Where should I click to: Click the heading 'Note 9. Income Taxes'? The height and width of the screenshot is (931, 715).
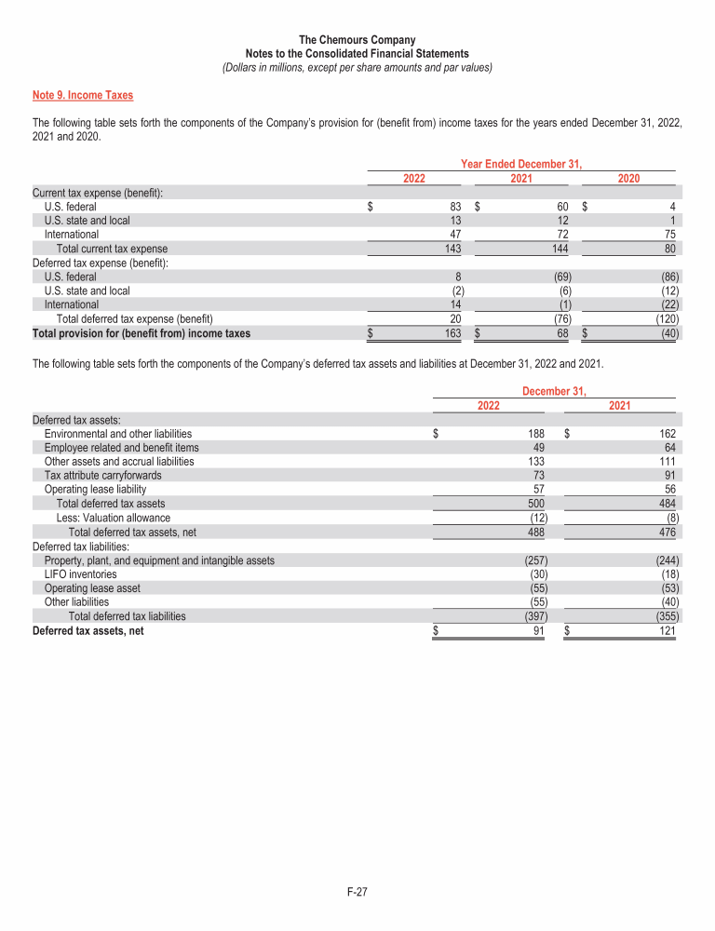83,95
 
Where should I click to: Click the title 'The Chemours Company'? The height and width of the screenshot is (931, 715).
357,40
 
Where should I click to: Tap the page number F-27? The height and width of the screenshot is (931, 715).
357,892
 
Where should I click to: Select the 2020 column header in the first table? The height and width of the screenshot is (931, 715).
628,178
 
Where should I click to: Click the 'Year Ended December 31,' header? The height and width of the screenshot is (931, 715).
521,164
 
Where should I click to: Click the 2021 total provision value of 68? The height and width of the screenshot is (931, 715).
563,332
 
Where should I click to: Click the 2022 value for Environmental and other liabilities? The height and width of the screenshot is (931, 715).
536,434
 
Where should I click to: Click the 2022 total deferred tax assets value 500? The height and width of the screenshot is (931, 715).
536,504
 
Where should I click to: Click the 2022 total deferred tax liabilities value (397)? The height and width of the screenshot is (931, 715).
533,616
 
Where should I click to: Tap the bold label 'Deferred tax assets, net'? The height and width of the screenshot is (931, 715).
88,630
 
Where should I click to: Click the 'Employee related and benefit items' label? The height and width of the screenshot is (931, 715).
121,448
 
